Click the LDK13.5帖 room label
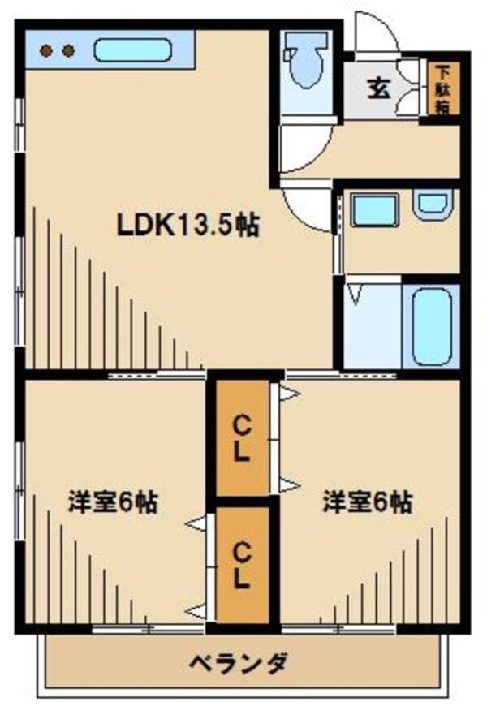click(187, 225)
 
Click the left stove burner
click(47, 51)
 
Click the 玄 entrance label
click(379, 88)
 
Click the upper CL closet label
click(241, 439)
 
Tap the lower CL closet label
click(241, 565)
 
